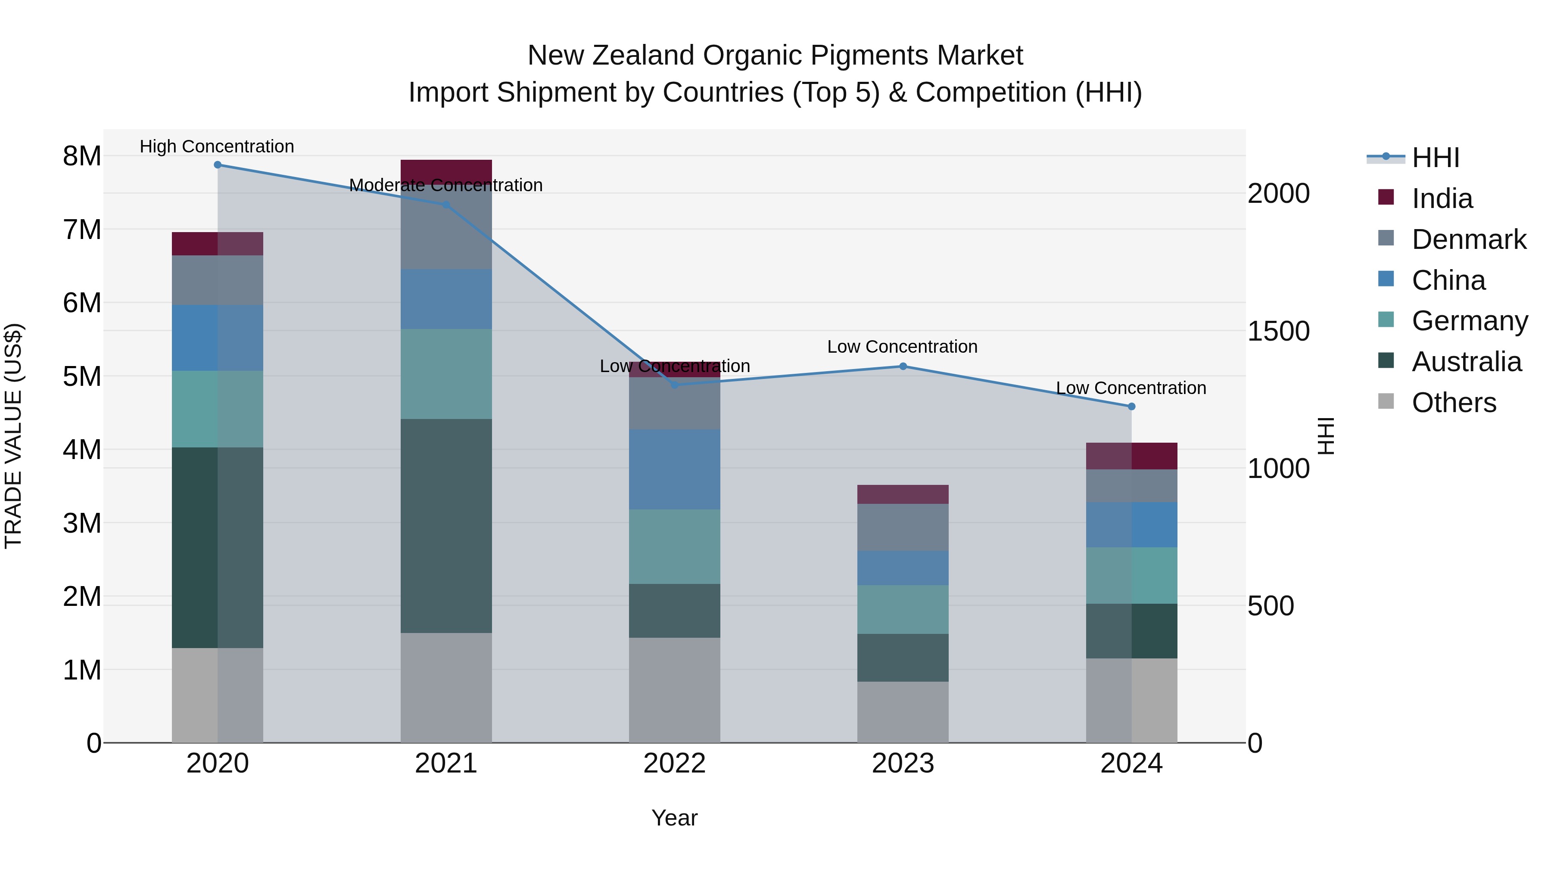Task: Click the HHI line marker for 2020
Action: coord(218,165)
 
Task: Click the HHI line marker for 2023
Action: coord(903,366)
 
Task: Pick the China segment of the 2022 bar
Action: coord(674,469)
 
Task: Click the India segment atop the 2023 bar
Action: coord(903,494)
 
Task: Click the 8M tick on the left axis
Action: coord(82,156)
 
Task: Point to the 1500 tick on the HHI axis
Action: coord(1278,332)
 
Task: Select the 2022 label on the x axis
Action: coord(674,763)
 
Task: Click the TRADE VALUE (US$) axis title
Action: coord(13,436)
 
